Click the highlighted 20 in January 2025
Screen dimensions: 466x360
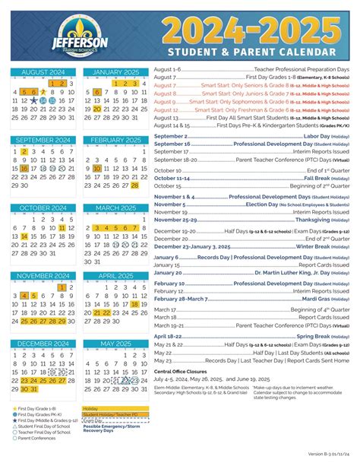(x=97, y=109)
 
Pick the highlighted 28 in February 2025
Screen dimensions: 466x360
(x=135, y=185)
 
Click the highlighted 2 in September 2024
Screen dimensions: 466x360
(x=24, y=151)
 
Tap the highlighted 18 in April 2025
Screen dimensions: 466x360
(x=135, y=304)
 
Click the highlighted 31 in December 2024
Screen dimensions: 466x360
(x=33, y=389)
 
